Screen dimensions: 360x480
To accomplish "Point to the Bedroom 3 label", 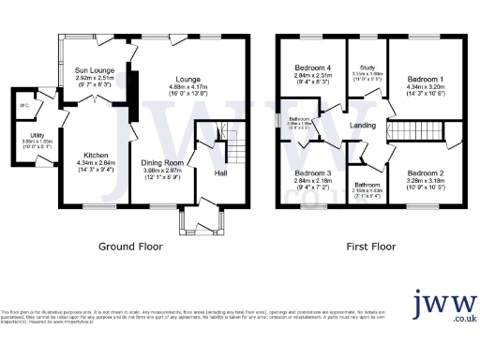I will (313, 174).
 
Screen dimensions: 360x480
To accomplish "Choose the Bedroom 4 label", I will (314, 67).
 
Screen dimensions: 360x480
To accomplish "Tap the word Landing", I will (362, 126).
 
